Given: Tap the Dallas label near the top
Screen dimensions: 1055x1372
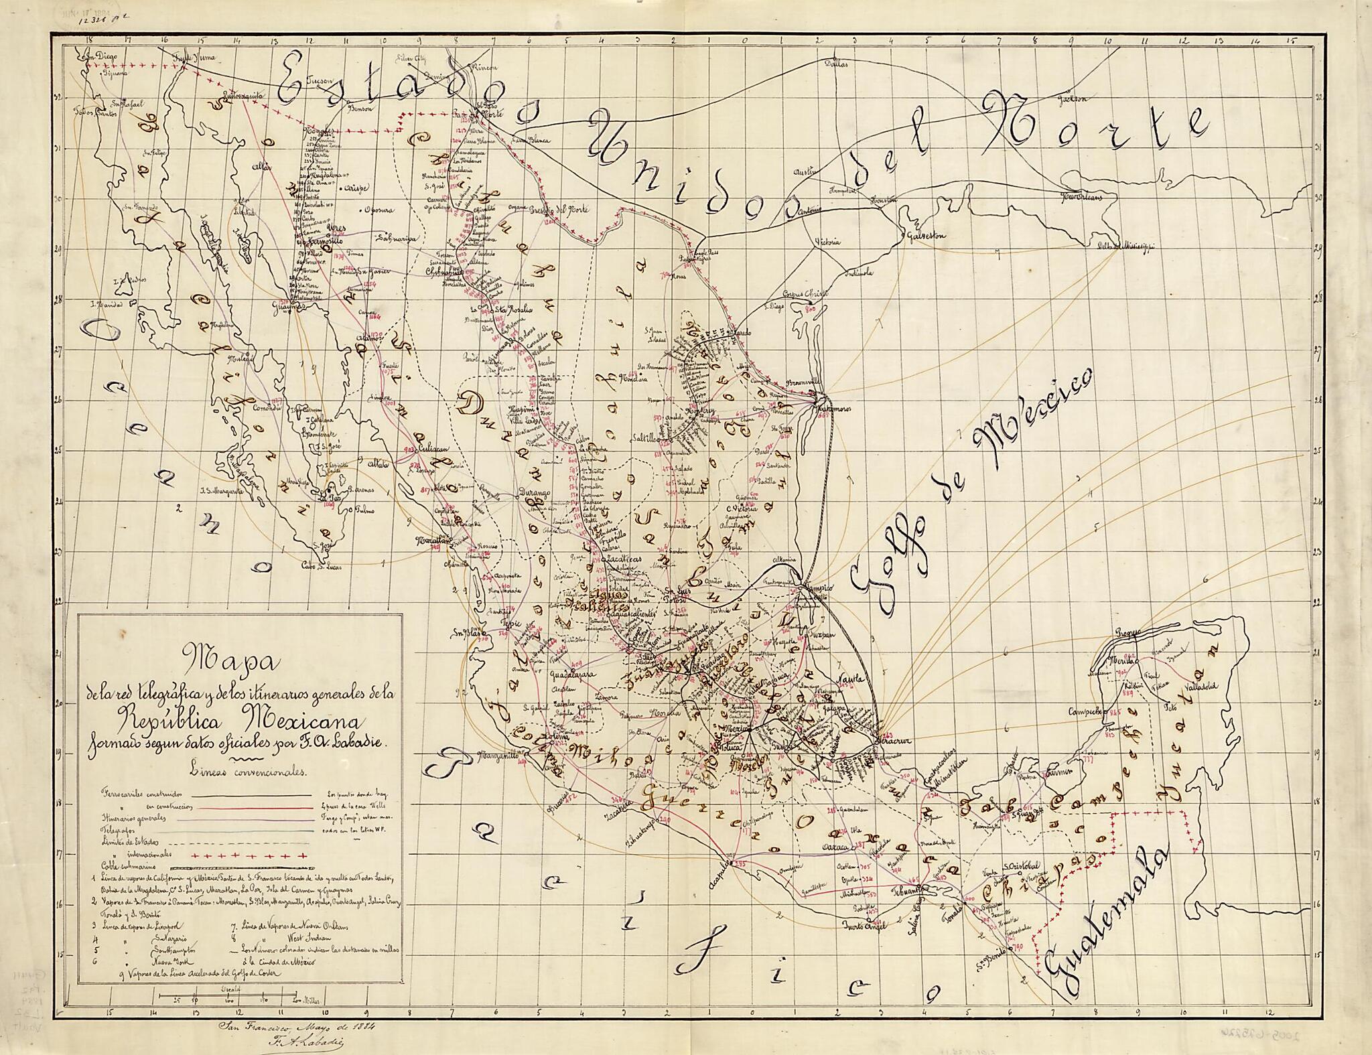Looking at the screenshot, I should point(836,65).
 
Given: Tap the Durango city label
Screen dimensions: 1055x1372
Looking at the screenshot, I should point(534,493).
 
